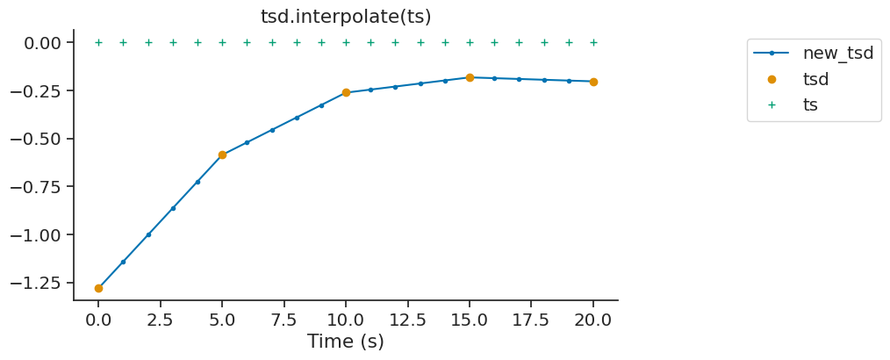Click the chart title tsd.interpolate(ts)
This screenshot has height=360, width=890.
click(346, 17)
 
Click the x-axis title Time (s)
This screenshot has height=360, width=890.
click(346, 342)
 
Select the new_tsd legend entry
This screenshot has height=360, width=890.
click(837, 53)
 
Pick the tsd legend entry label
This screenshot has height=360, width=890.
click(815, 79)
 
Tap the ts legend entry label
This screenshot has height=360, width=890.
click(810, 104)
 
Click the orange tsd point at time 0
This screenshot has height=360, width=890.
click(98, 288)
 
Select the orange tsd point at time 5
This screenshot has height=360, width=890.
click(222, 155)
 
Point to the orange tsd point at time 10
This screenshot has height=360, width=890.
click(346, 92)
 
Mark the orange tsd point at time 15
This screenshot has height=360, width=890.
click(470, 77)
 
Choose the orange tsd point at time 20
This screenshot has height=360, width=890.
click(593, 82)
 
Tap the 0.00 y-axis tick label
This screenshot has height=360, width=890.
click(41, 43)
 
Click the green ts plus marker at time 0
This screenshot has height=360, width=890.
click(98, 42)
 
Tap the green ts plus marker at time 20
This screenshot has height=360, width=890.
click(593, 42)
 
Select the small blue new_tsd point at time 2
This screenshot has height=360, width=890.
click(148, 234)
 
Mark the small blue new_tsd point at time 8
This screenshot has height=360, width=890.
click(297, 117)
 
